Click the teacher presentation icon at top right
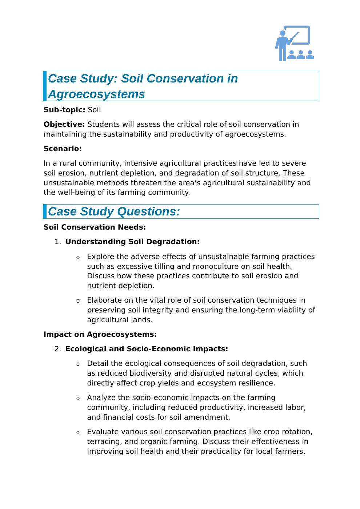coord(295,43)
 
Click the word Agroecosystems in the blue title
coord(96,94)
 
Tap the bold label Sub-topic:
coord(64,110)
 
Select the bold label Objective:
coord(64,124)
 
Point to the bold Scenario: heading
coord(63,149)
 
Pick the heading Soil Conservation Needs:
coord(95,227)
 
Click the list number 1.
coord(57,242)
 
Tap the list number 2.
coord(57,349)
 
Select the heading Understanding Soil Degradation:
coord(132,242)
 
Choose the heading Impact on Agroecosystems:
coord(100,334)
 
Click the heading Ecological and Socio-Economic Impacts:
coord(147,349)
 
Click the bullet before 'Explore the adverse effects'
coord(78,258)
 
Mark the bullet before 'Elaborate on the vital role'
coord(78,301)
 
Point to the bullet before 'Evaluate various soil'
coord(78,433)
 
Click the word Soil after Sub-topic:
coord(94,110)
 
